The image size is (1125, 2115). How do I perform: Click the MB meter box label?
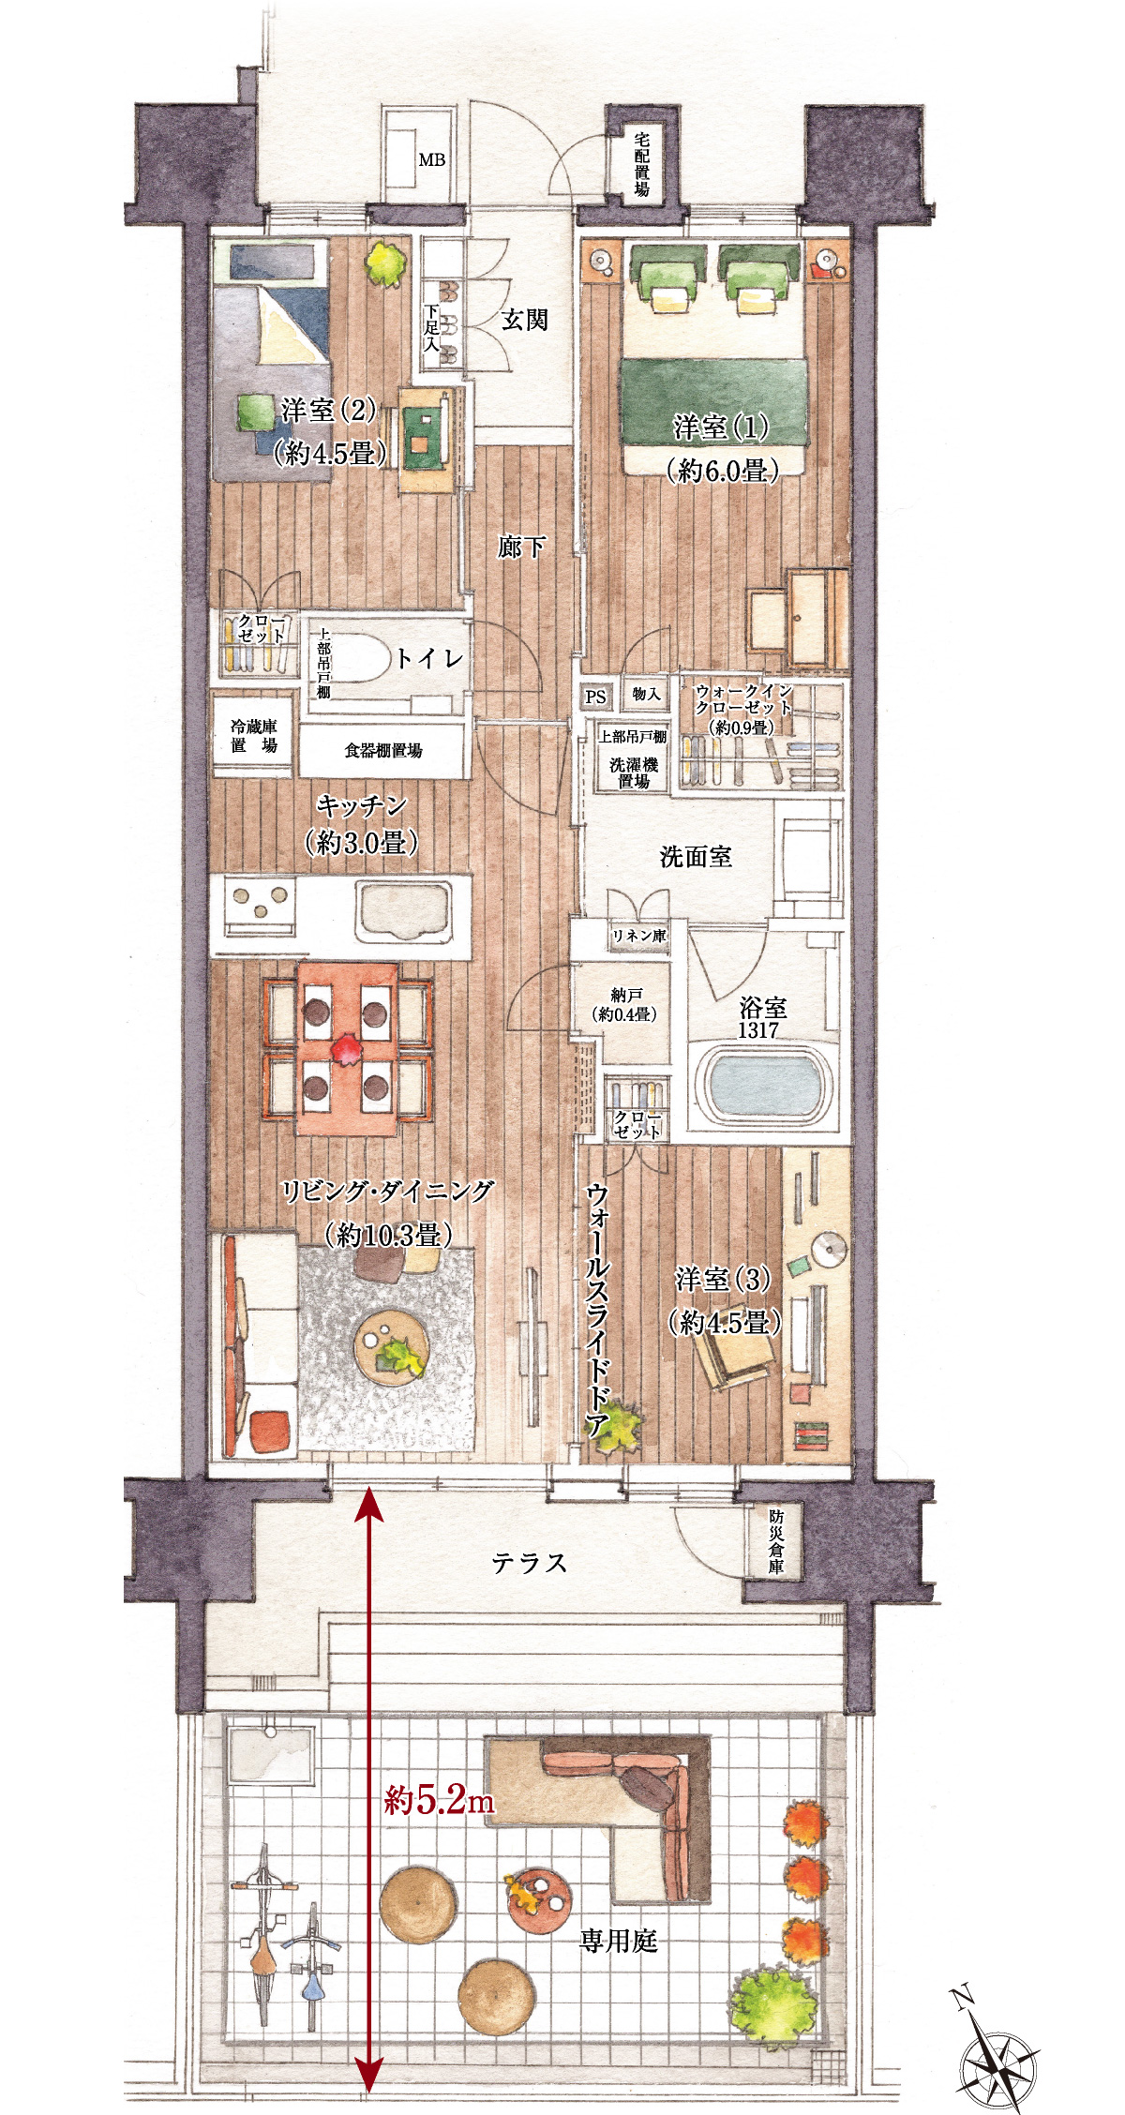(431, 160)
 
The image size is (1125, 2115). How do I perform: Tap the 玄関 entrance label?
(524, 321)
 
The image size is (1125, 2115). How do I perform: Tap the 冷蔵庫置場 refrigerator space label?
(254, 736)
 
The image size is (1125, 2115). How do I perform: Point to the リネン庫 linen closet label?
(638, 936)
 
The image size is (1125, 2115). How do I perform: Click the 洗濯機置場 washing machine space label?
(634, 772)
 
